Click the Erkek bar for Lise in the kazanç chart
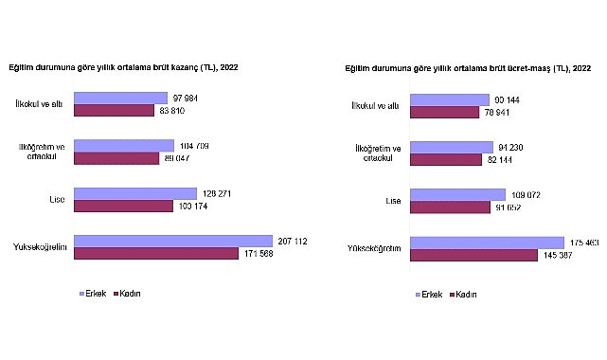(134, 193)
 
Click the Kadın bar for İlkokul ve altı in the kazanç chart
(114, 110)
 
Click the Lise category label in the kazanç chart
(56, 199)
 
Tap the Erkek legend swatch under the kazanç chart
(80, 294)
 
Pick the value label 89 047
(178, 158)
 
